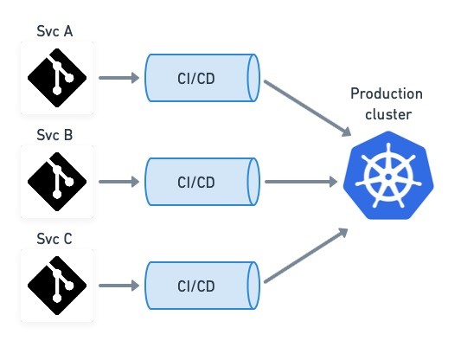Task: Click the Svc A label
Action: pos(54,31)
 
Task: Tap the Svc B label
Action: pos(54,135)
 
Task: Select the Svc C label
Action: pos(54,239)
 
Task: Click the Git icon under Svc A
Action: pos(57,78)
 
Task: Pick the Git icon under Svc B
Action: pos(57,182)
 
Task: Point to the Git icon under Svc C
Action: pos(57,286)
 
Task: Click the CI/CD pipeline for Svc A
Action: pos(202,78)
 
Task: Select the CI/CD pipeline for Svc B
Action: pos(202,182)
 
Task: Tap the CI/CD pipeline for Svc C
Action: pos(202,286)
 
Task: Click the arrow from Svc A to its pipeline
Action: pos(119,78)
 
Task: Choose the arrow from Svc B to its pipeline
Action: pos(119,182)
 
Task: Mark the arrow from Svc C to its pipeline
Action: pos(119,286)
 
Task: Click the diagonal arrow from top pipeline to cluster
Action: pos(308,108)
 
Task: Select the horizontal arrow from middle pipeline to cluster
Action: pos(301,182)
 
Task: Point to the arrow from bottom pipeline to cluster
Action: pos(306,255)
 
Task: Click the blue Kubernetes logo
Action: pos(388,176)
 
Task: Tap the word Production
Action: pos(387,93)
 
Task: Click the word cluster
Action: pos(388,114)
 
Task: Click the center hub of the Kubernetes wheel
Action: pos(388,177)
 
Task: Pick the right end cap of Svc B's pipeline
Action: pos(253,182)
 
